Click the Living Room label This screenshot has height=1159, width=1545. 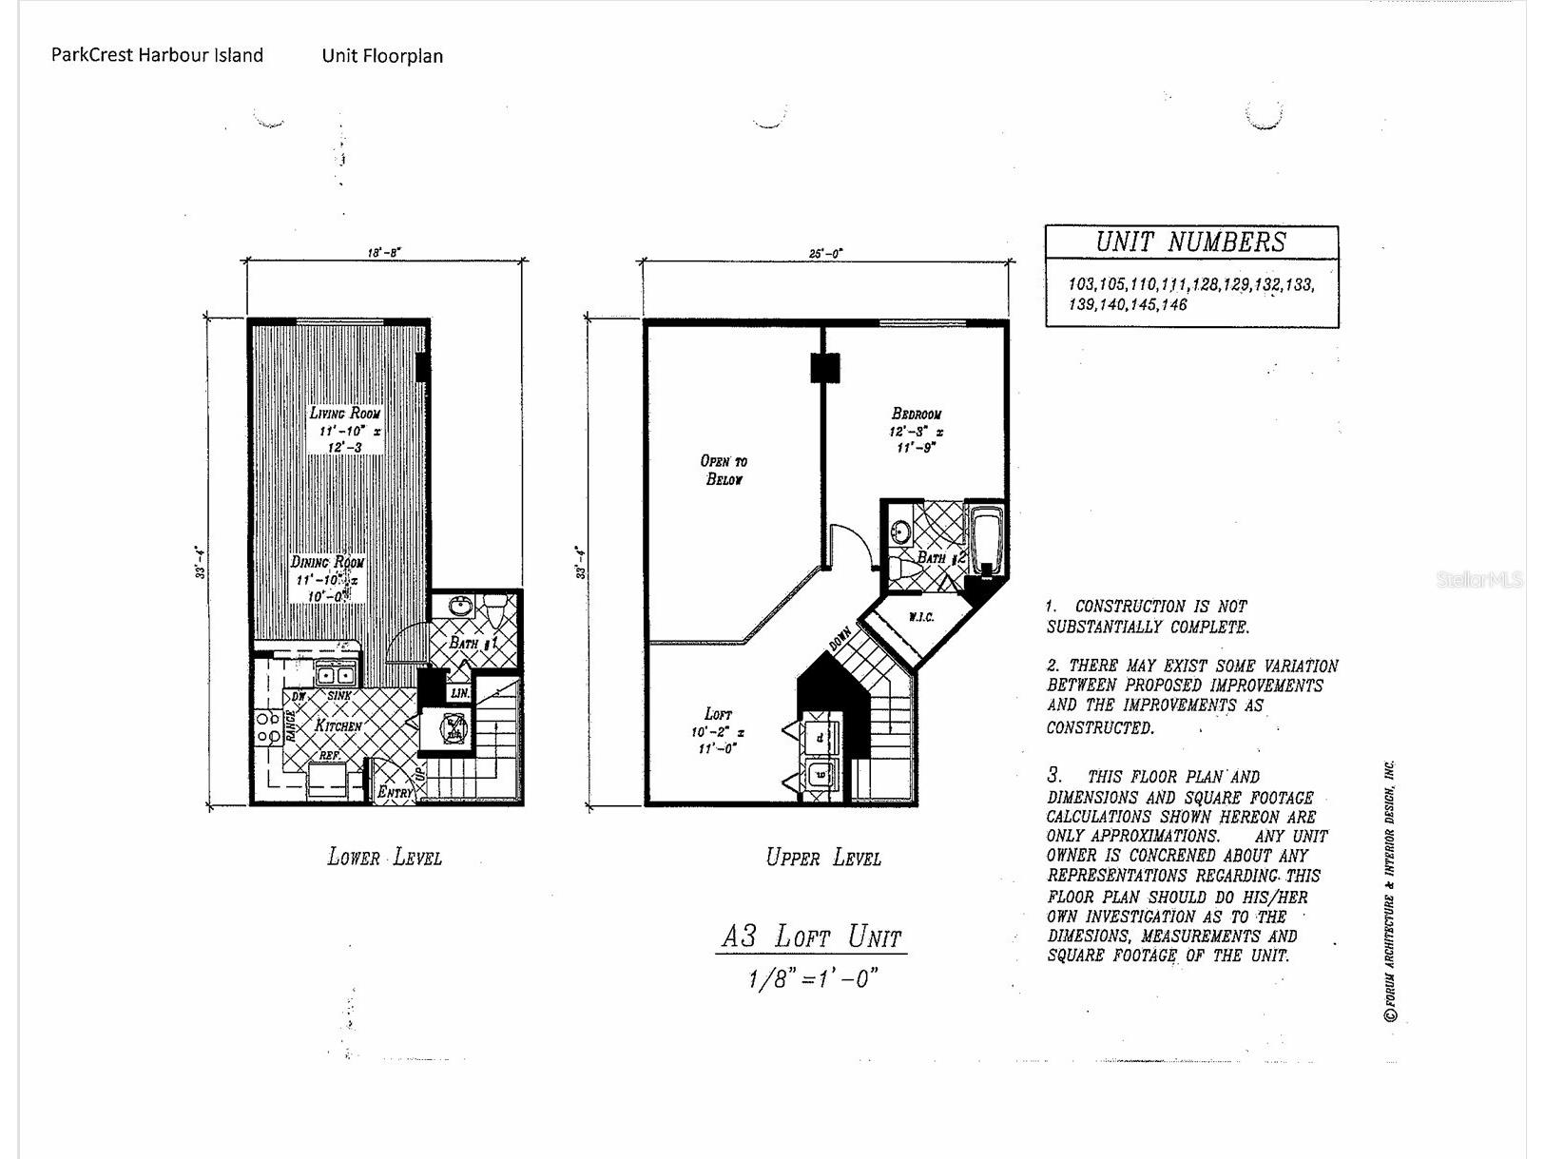(345, 414)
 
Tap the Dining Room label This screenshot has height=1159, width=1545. (327, 562)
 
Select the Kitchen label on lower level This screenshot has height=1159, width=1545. (338, 725)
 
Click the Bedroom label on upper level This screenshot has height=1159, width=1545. (917, 414)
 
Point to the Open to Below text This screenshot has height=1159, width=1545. (724, 470)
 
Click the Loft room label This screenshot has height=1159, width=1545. (718, 714)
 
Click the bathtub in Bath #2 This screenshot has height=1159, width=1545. (986, 538)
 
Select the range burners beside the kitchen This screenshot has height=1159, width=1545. (268, 728)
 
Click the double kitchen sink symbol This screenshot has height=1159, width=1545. (335, 675)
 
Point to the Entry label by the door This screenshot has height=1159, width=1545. (395, 791)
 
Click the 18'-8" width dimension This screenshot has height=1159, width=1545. (384, 253)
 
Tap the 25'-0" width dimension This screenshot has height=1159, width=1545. (825, 254)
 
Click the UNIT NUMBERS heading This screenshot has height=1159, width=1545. (1190, 241)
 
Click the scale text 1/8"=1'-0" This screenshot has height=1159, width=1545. (811, 978)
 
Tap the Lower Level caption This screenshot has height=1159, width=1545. (384, 858)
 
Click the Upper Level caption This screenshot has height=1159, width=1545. (823, 858)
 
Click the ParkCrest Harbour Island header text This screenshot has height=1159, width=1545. (157, 55)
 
